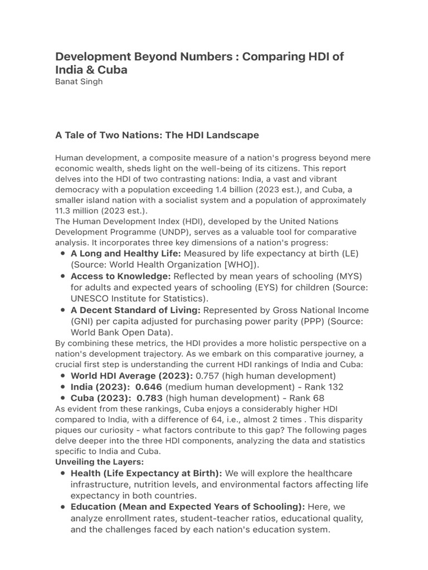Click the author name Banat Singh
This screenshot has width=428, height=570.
79,82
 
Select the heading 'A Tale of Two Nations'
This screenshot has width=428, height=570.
157,135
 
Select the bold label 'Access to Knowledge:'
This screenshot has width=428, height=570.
120,277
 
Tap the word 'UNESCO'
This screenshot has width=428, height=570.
89,298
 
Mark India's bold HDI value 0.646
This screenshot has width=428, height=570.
149,387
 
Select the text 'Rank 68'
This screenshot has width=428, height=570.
307,398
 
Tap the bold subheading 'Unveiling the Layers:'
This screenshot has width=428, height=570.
99,462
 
